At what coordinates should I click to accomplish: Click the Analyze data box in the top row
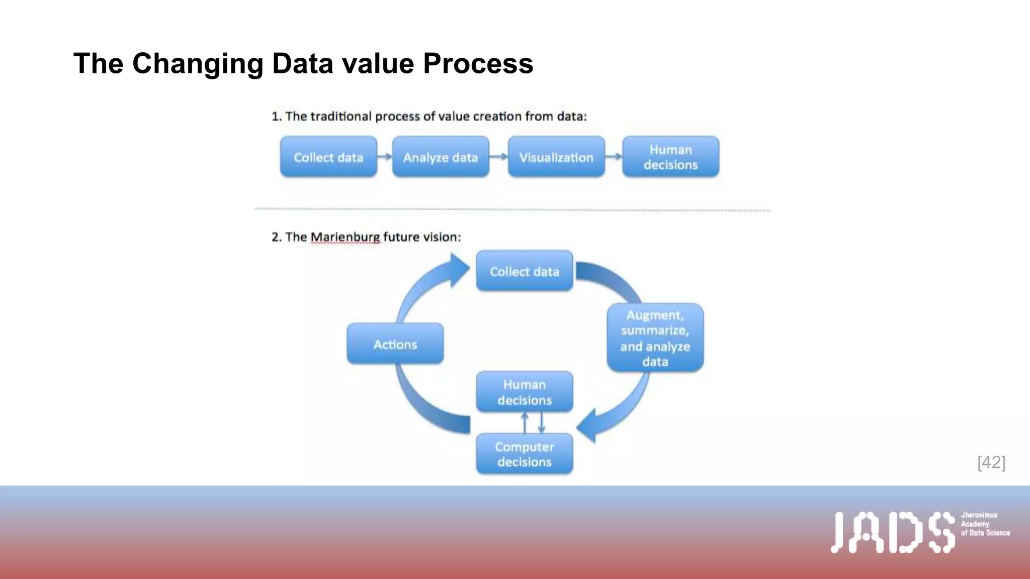coord(441,157)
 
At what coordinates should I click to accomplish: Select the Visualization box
coord(556,157)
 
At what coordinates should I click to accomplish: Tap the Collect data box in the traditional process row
coord(328,157)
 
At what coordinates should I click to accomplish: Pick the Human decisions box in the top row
coord(670,157)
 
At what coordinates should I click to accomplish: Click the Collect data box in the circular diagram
coord(525,271)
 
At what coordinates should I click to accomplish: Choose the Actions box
coord(395,344)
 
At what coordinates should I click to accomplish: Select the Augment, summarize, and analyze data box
coord(655,338)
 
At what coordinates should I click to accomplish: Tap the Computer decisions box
coord(525,454)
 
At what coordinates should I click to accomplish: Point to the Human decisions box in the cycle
coord(525,392)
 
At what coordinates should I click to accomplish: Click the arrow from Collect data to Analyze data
coord(385,157)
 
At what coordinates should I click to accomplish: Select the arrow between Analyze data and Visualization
coord(498,157)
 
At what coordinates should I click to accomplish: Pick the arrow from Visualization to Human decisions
coord(614,157)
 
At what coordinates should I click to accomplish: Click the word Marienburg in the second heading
coord(345,237)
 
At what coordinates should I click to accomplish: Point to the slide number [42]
coord(991,462)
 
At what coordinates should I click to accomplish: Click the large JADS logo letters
coord(892,532)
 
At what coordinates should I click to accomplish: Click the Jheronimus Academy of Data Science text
coord(985,524)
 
